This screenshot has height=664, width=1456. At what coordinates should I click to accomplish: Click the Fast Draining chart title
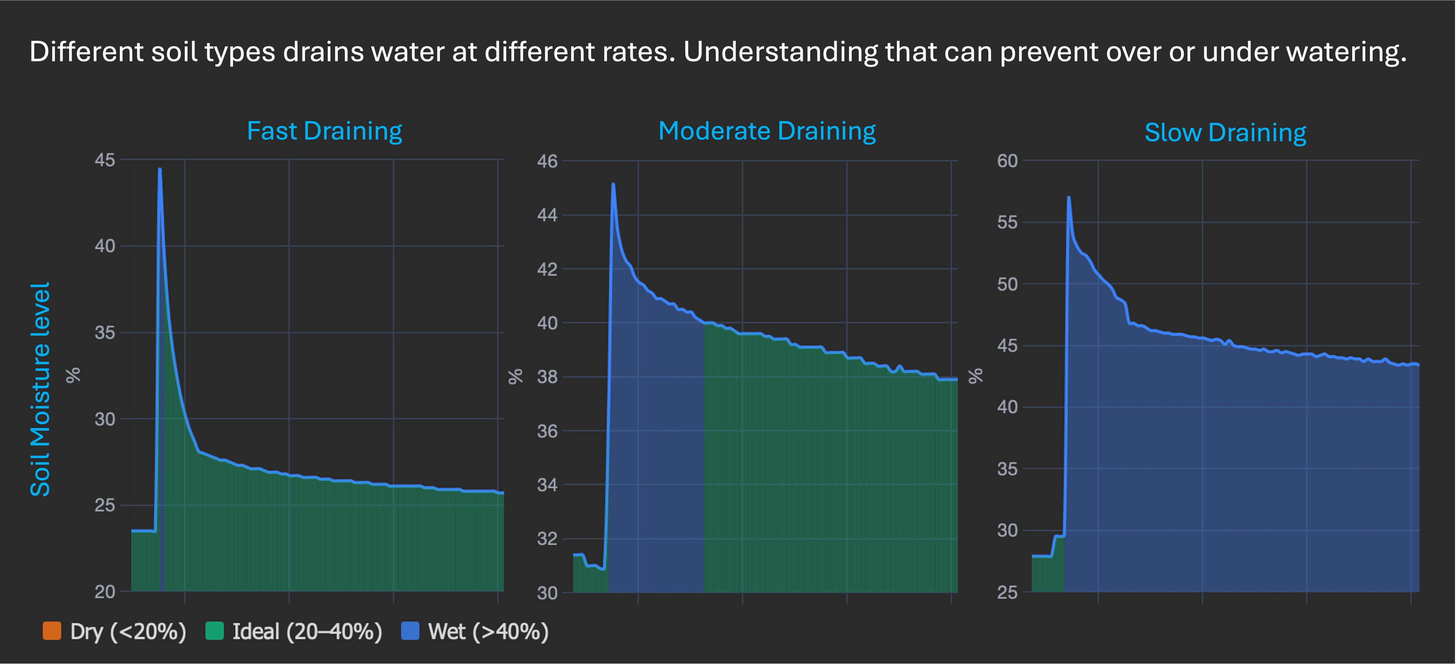[324, 131]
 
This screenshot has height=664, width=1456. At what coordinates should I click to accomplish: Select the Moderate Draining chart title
[767, 131]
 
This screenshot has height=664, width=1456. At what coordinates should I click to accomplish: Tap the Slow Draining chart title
[1225, 133]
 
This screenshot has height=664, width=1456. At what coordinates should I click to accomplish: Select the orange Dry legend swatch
[52, 631]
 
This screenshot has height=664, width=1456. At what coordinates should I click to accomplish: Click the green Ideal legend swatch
[214, 631]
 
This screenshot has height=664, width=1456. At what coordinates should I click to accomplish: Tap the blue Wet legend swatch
[410, 631]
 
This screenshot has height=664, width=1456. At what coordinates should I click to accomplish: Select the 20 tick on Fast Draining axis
[104, 592]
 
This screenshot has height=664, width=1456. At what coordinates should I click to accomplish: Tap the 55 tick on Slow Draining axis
[1007, 223]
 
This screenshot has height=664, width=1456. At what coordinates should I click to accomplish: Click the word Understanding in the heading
[781, 52]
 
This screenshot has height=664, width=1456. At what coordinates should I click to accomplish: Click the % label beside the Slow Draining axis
[976, 376]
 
